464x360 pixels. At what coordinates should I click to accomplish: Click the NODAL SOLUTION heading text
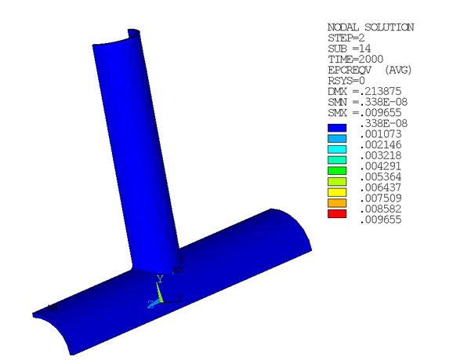tap(370, 27)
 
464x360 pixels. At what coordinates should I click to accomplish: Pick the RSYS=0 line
tap(346, 80)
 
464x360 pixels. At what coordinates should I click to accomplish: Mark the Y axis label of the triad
tap(159, 278)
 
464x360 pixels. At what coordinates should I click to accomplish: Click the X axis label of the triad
tap(179, 298)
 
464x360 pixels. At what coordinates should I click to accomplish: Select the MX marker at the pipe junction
tap(177, 270)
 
